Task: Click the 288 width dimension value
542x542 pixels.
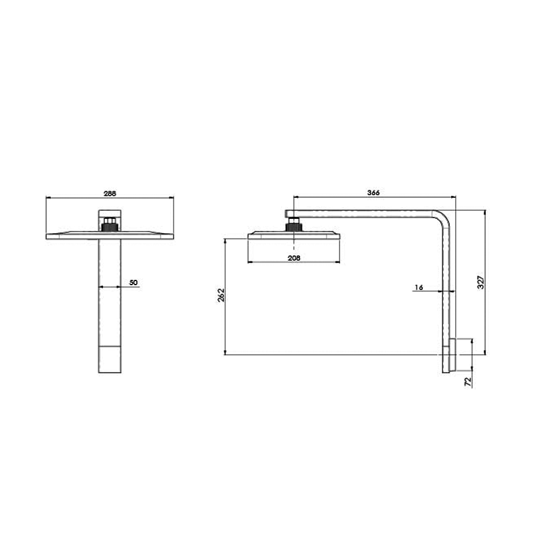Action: [109, 193]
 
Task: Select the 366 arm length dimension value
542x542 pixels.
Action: [373, 192]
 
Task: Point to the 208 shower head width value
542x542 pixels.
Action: [293, 258]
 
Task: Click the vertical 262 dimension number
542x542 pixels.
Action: [221, 296]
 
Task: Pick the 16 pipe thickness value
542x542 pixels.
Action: [418, 287]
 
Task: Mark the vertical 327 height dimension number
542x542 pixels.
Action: [480, 282]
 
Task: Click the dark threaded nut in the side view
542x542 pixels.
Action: [293, 225]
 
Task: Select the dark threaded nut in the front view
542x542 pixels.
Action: [109, 224]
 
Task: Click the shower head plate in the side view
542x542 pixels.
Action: [293, 236]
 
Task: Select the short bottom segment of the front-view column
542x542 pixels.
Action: [109, 359]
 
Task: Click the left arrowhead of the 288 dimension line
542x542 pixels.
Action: [47, 199]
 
